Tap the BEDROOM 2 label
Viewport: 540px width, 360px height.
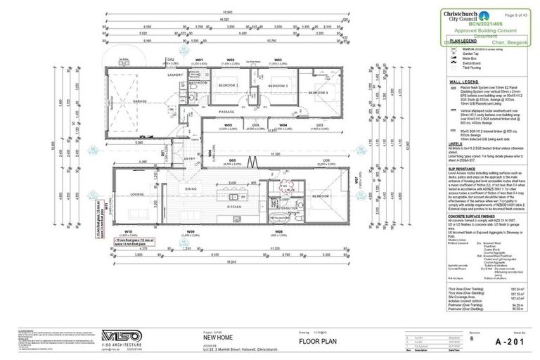coord(227,85)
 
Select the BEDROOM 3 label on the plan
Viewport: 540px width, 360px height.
coord(277,85)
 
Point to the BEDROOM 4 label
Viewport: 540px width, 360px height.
coord(318,92)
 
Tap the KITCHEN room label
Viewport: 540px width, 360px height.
coord(234,207)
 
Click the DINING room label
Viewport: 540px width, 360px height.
coord(191,189)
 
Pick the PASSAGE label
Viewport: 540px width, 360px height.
coord(226,112)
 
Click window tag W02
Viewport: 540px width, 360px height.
coord(230,60)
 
